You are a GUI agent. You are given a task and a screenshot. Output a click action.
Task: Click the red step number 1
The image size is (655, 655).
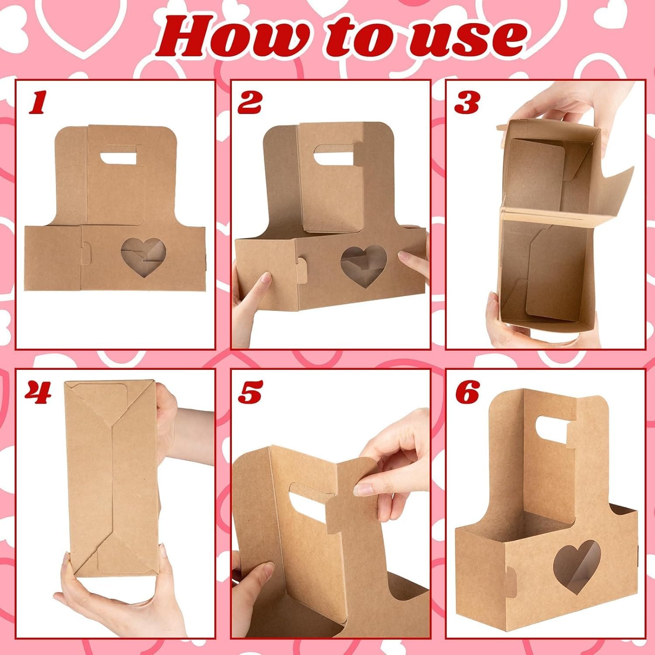point(37,103)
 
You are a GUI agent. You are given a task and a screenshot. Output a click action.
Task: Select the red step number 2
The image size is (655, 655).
point(249,103)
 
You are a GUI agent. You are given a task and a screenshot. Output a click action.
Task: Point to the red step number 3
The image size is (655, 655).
point(466,103)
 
